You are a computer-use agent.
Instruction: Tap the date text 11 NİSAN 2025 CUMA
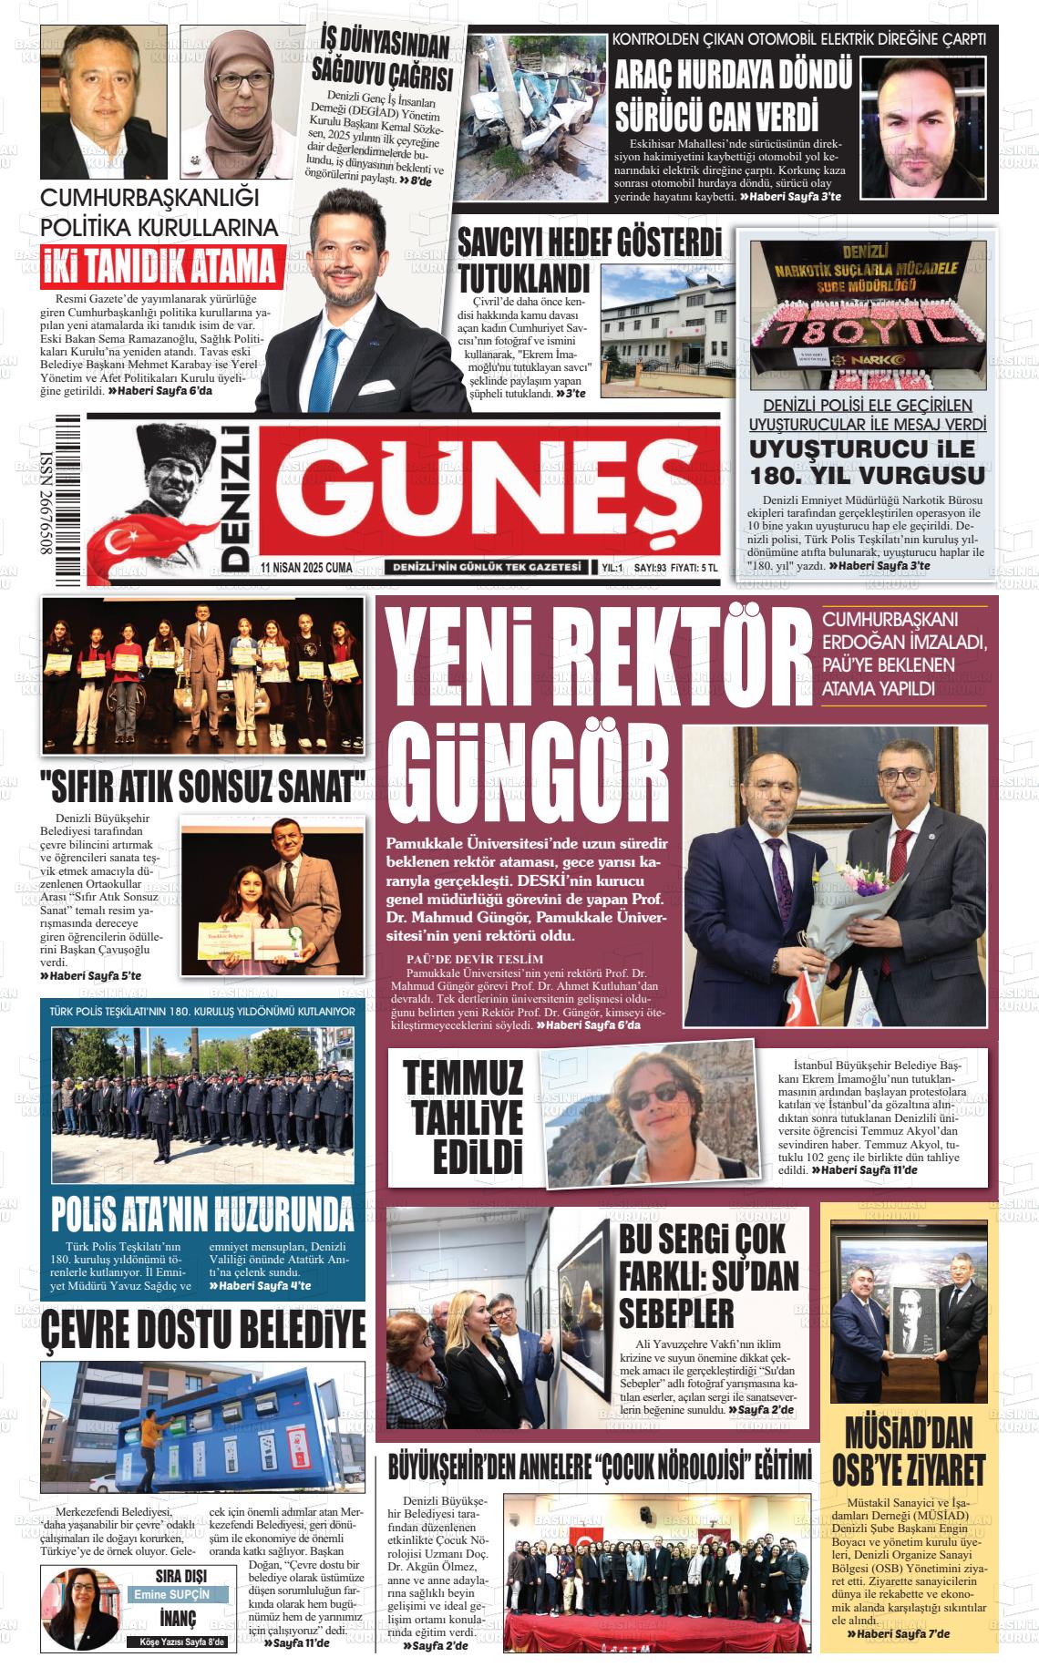tap(306, 567)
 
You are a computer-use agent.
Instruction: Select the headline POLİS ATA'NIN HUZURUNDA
tap(202, 1214)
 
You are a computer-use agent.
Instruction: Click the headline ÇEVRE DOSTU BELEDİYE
tap(202, 1330)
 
